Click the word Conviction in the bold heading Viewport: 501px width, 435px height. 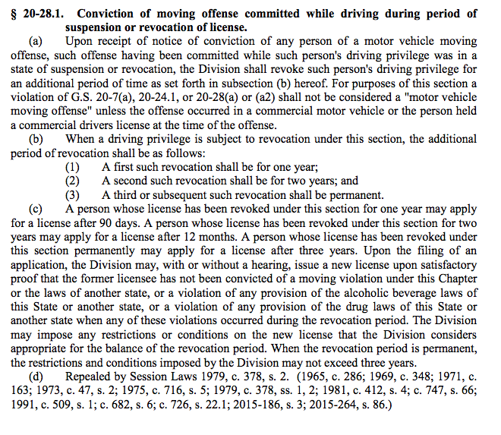[107, 14]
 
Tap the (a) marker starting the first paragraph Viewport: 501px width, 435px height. [36, 42]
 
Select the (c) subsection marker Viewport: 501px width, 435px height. [36, 207]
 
